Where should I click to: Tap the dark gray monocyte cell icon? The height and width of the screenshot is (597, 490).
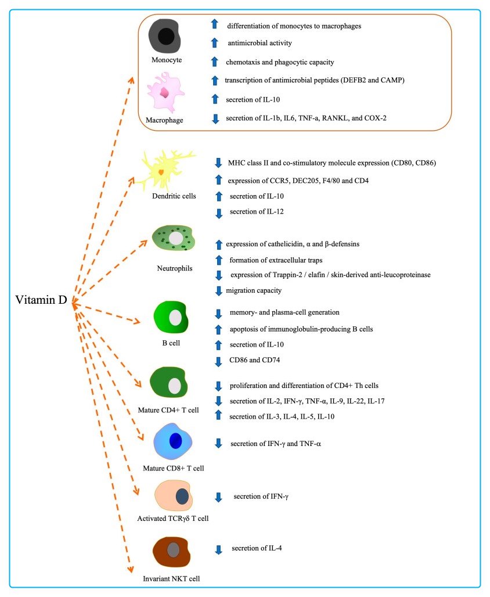pyautogui.click(x=165, y=37)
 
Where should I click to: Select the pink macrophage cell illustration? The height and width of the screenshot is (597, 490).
pyautogui.click(x=164, y=92)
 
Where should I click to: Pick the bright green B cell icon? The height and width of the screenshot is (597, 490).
pyautogui.click(x=172, y=318)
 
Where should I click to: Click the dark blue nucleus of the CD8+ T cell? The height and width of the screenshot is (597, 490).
pyautogui.click(x=175, y=441)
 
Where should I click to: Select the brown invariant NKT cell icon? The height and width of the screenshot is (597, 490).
pyautogui.click(x=173, y=551)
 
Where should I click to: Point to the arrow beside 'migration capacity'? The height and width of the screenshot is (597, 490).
pyautogui.click(x=219, y=290)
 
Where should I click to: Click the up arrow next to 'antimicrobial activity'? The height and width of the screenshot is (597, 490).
pyautogui.click(x=214, y=43)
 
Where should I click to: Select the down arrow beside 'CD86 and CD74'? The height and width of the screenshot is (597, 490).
pyautogui.click(x=219, y=361)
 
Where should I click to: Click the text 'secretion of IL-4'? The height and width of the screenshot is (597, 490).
pyautogui.click(x=257, y=548)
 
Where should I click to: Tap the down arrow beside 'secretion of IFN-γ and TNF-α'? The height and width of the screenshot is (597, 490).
pyautogui.click(x=218, y=444)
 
